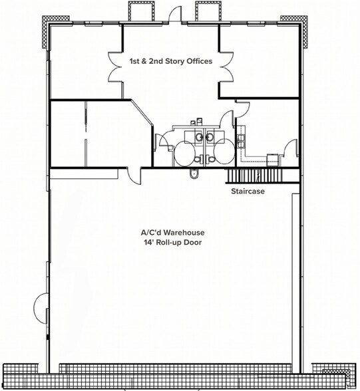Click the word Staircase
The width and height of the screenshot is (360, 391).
tap(248, 192)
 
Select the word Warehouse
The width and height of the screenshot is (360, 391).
tap(184, 233)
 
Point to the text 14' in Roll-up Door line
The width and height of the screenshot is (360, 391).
tap(148, 242)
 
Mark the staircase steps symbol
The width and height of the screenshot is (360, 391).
tap(254, 176)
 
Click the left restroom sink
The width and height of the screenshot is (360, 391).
tap(200, 137)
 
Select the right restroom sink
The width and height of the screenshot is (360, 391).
tap(210, 137)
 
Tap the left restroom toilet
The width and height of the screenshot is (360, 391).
tap(198, 159)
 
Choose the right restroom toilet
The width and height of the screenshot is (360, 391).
tap(210, 159)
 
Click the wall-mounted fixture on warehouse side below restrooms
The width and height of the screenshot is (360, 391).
tap(194, 174)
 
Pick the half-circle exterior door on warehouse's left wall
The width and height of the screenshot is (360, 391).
tap(41, 308)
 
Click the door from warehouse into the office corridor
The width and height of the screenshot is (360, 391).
tap(134, 177)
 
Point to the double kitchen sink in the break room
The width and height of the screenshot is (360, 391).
tap(242, 141)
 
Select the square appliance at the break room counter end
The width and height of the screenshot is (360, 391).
tap(272, 160)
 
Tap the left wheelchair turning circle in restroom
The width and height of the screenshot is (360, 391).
tap(184, 153)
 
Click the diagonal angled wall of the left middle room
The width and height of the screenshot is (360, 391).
tap(142, 112)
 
